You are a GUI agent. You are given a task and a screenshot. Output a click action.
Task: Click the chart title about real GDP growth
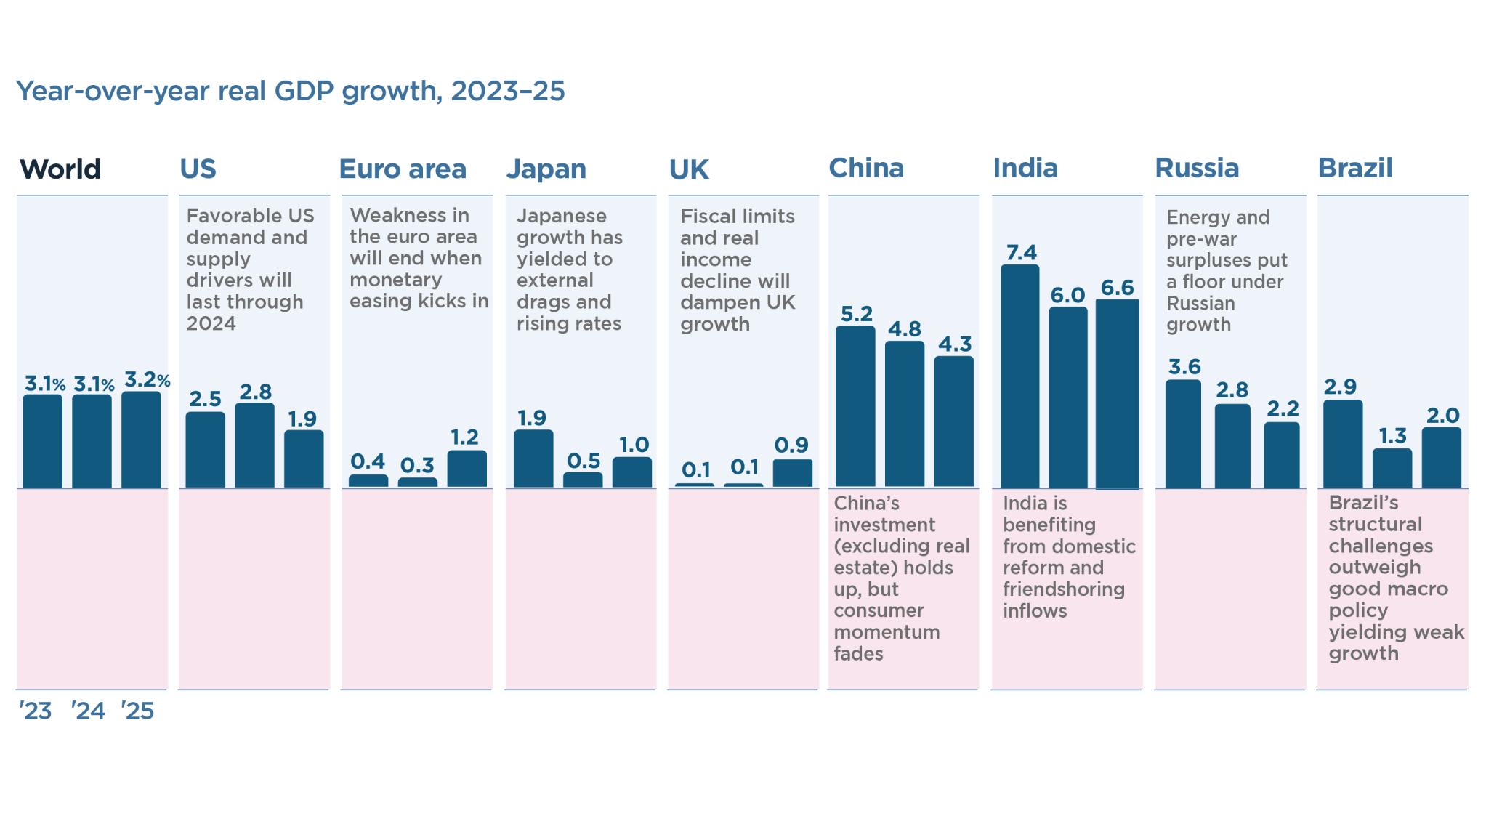[x=290, y=91]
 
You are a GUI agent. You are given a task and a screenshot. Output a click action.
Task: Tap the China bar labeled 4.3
[x=953, y=421]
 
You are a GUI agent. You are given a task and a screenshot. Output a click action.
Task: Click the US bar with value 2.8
[x=254, y=445]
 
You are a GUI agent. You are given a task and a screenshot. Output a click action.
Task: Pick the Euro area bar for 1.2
[x=467, y=469]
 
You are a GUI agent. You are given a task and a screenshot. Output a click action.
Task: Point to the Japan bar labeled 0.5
[x=583, y=480]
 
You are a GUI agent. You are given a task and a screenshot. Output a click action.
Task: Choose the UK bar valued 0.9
[x=792, y=473]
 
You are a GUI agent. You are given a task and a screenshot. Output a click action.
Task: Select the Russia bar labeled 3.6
[x=1183, y=434]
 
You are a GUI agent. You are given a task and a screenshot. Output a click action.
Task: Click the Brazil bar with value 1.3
[x=1392, y=468]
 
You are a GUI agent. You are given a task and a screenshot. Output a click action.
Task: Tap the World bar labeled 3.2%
[x=141, y=440]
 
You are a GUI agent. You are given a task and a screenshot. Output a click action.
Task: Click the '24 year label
[x=88, y=711]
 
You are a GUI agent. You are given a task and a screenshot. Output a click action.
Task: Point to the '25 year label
[x=137, y=711]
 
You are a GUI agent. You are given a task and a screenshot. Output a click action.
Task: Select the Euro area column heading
[x=403, y=169]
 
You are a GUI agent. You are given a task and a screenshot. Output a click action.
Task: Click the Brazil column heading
[x=1355, y=169]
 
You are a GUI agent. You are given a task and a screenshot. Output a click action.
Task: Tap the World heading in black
[x=60, y=169]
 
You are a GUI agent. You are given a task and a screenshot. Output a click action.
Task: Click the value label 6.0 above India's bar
[x=1067, y=295]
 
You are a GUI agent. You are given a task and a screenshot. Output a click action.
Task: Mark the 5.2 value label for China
[x=856, y=314]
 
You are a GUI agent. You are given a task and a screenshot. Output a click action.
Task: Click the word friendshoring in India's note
[x=1063, y=589]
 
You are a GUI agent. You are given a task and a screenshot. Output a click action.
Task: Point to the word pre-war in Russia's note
[x=1201, y=239]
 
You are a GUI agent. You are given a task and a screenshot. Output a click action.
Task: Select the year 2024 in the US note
[x=211, y=323]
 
